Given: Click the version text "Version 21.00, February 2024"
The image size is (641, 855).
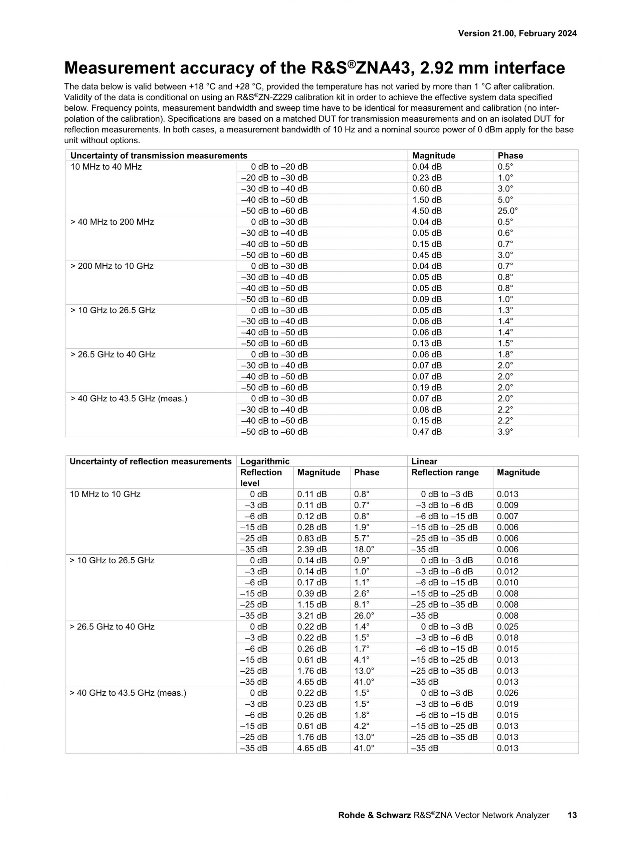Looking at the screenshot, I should point(517,34).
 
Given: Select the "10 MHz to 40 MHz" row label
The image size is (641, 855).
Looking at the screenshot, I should point(106,167).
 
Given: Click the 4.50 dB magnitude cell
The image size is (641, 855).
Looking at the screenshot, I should point(427,211).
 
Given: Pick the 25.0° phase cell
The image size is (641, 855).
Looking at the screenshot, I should point(507,211).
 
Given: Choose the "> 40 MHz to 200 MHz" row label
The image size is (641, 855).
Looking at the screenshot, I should point(112,222).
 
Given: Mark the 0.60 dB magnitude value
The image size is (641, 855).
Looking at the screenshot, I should point(427,189).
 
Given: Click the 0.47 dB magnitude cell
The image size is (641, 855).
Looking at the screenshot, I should point(427,432).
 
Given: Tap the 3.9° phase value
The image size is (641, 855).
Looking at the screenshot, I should point(505,432).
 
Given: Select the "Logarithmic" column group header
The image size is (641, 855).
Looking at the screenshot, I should point(265,461).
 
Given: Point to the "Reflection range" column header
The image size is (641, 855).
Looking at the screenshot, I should point(445,472).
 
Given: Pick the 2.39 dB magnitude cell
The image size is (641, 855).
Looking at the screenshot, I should point(311,550).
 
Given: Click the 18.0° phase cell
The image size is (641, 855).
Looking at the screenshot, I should point(364,550).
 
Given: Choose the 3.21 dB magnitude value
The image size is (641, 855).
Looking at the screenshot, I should point(311,616).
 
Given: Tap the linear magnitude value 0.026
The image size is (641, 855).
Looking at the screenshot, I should point(507,693).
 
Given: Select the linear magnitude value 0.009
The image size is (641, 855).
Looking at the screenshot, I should point(507,506).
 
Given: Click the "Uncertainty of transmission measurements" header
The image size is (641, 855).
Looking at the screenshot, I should point(159,156).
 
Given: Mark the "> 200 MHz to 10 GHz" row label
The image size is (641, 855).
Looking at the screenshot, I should point(112,266).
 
